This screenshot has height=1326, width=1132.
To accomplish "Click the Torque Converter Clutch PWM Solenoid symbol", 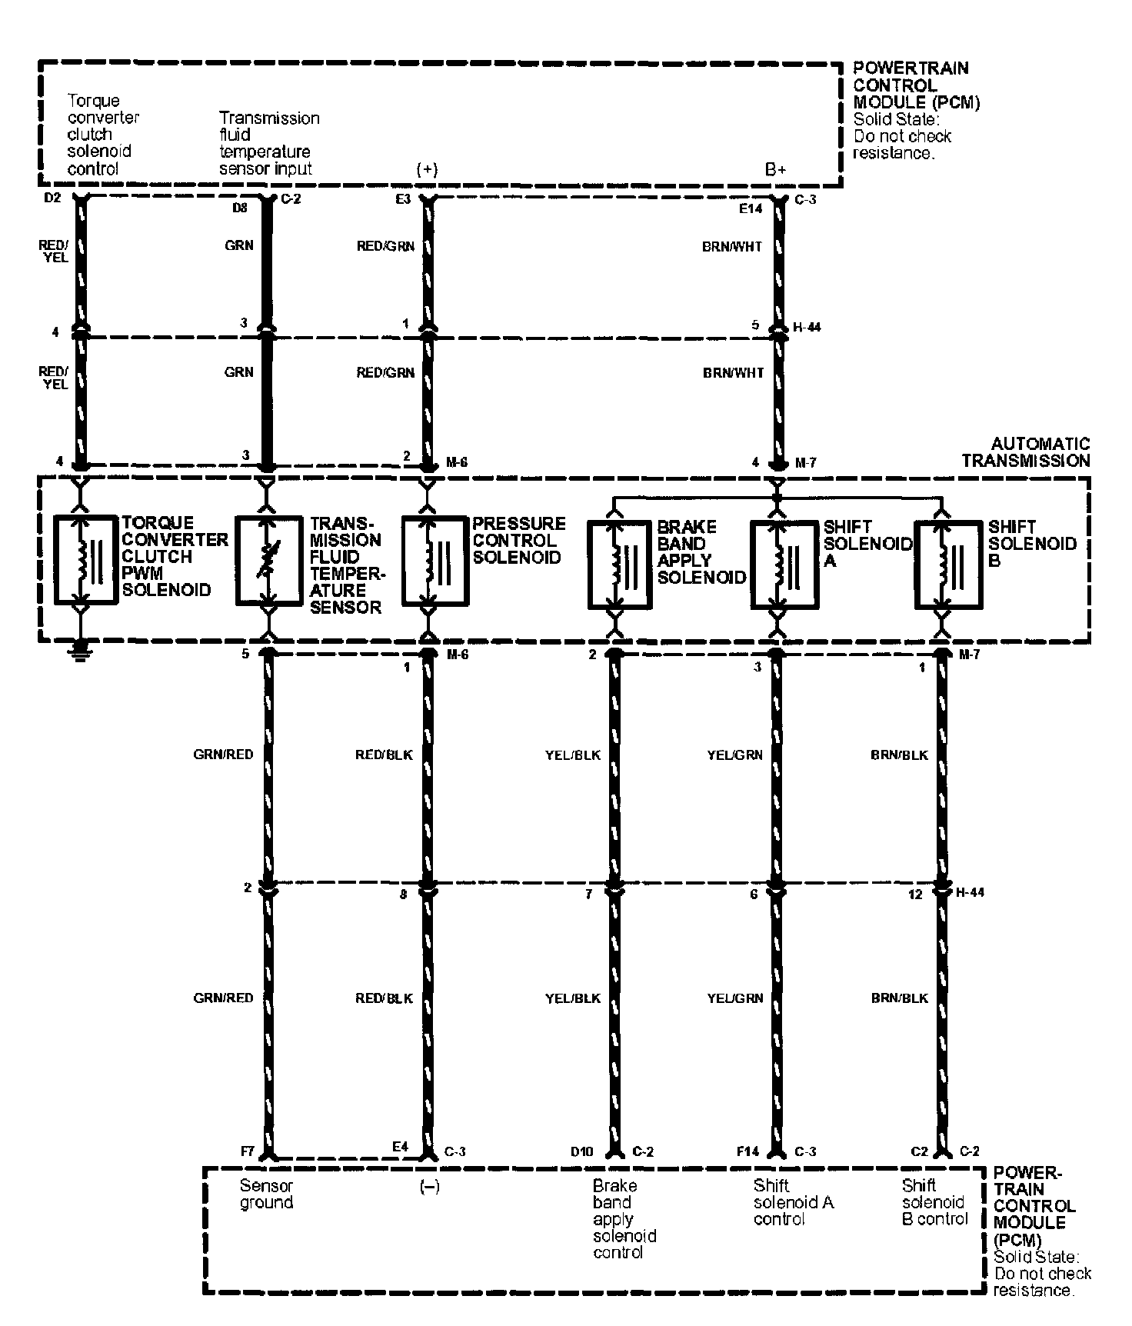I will click(x=85, y=559).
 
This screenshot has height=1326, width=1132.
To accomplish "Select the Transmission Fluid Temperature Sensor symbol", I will click(x=268, y=561).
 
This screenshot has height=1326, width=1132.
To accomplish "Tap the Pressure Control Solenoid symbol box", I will click(x=435, y=559).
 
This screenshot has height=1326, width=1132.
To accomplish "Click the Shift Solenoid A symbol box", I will click(x=783, y=565).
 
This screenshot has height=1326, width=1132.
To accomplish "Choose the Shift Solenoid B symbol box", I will click(x=947, y=565).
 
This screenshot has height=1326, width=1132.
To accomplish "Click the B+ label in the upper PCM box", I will click(x=775, y=170).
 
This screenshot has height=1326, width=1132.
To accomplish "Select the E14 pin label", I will click(x=751, y=208).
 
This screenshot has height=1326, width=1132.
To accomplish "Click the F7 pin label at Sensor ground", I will click(x=248, y=1151).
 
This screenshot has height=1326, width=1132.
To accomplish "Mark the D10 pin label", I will click(x=582, y=1151).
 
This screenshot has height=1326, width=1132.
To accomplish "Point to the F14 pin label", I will click(x=747, y=1151).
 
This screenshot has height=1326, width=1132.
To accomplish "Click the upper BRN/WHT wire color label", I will click(x=732, y=247).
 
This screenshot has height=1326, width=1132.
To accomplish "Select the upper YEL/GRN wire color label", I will click(x=734, y=755).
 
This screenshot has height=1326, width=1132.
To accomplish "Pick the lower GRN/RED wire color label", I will click(x=223, y=998).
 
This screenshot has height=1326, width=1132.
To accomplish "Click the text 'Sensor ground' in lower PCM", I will click(x=266, y=1194).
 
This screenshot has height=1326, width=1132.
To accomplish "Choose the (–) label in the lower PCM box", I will click(x=429, y=1187).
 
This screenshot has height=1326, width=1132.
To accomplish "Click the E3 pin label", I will click(x=402, y=199).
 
